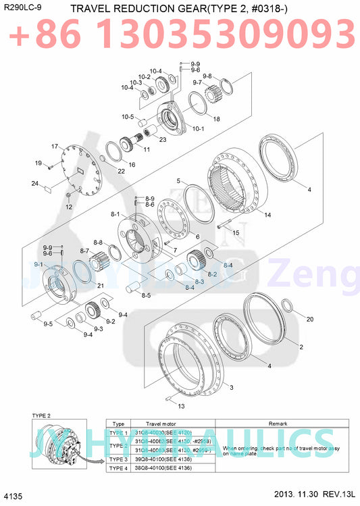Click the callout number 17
(x=55, y=146)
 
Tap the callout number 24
(x=34, y=183)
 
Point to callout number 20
(x=310, y=318)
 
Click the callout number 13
(x=180, y=406)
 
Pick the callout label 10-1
(x=199, y=128)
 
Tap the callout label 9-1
(x=38, y=264)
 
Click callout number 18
(x=217, y=119)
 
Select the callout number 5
(x=178, y=181)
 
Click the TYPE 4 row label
(x=118, y=467)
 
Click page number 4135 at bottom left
(x=13, y=497)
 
